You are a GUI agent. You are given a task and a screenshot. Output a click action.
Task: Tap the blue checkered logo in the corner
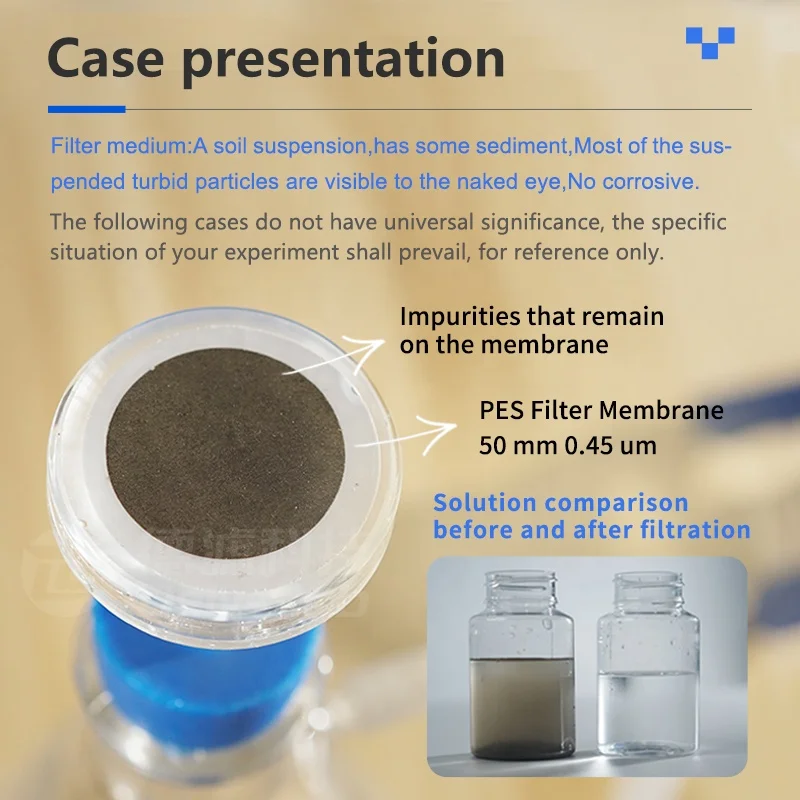(710, 41)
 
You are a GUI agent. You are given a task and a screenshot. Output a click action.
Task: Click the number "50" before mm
(494, 445)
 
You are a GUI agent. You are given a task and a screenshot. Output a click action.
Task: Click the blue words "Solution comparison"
(560, 503)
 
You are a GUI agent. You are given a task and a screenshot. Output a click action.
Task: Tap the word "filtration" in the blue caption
(690, 529)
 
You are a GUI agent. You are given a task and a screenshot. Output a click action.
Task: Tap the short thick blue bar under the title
(86, 109)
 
